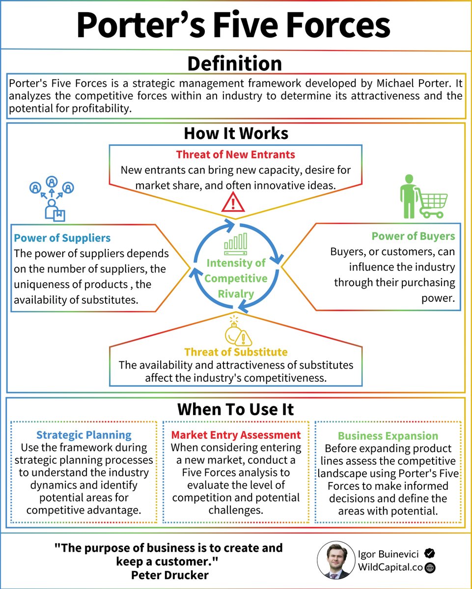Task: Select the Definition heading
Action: tap(235, 64)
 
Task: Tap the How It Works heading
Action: tap(236, 134)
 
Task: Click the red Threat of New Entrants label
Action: tap(235, 155)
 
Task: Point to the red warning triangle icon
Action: tap(233, 202)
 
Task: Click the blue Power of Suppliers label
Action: tap(62, 239)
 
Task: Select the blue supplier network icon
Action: tap(52, 197)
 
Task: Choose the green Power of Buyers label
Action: tap(413, 237)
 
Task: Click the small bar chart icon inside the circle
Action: tap(236, 244)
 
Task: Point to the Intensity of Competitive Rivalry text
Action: tap(236, 278)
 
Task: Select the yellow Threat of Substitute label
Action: tap(236, 352)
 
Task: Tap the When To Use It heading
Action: tap(235, 409)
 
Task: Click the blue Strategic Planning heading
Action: tap(84, 435)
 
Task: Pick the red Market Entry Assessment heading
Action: tap(236, 435)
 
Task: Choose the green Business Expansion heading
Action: tap(388, 436)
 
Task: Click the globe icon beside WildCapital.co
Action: tap(430, 568)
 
